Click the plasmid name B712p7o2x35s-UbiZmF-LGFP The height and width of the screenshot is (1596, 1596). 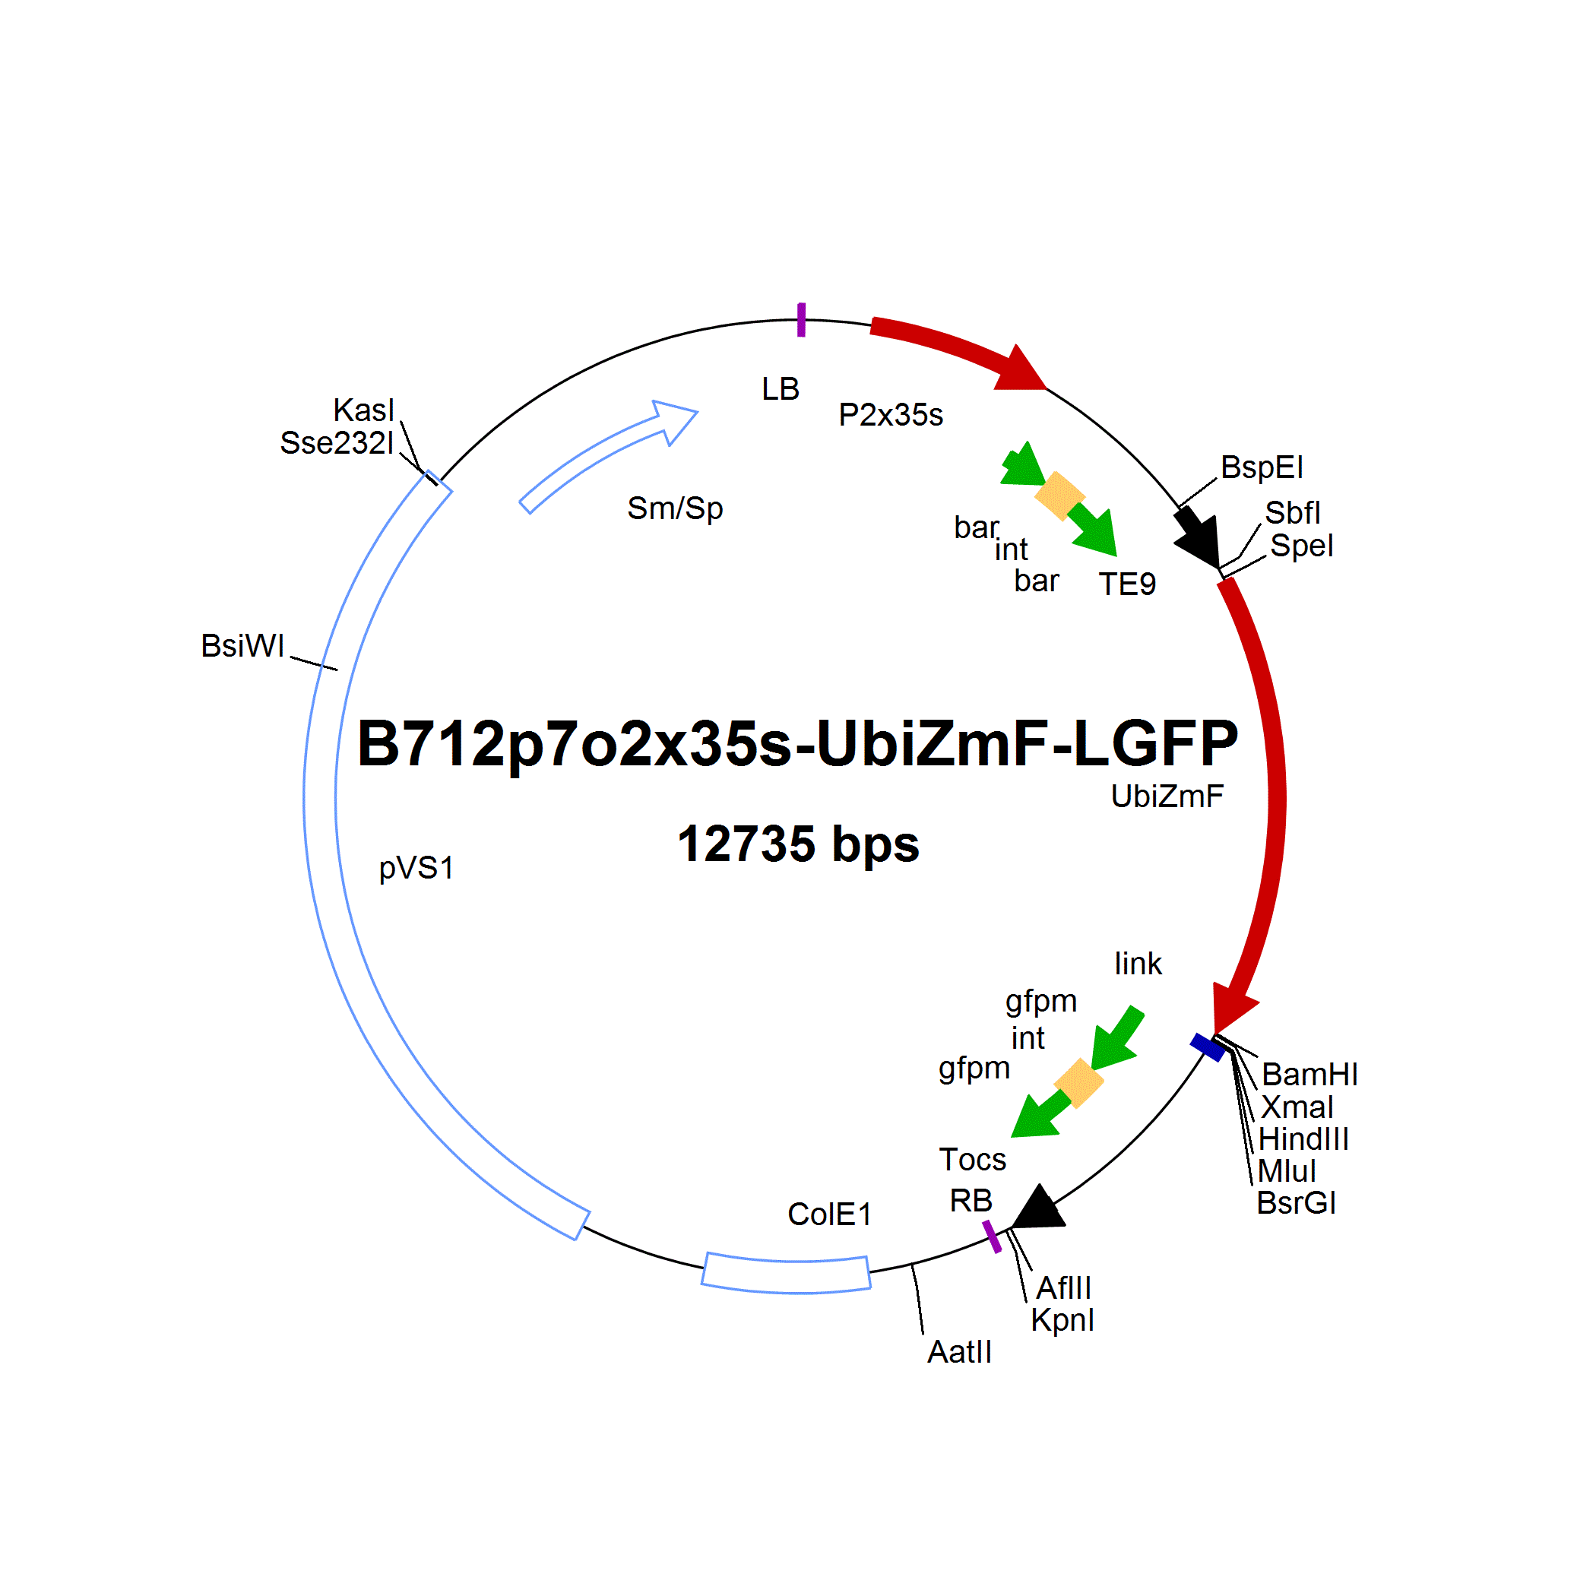coord(797,743)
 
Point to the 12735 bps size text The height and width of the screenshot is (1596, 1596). coord(798,844)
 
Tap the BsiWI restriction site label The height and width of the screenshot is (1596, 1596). coord(243,645)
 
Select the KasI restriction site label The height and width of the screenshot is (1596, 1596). coord(363,410)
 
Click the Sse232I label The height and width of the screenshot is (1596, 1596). coord(337,443)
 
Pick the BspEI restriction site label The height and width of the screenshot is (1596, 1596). coord(1262,467)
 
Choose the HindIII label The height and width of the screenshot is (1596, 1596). coord(1303,1139)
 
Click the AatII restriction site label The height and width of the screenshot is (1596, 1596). coord(959,1351)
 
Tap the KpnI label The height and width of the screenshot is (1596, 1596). coord(1062,1320)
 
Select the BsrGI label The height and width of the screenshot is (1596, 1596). coord(1296,1203)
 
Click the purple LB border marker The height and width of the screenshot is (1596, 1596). coord(801,320)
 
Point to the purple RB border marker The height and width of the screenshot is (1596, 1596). coord(992,1237)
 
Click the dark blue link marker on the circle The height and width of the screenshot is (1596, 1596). coord(1208,1047)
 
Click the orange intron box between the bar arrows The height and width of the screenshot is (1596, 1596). coord(1060,496)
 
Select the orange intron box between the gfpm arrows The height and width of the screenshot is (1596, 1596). coord(1079,1083)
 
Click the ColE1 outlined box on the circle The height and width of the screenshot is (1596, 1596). coord(787,1273)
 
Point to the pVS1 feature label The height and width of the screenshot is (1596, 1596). coord(416,868)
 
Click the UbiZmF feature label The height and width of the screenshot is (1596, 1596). coord(1167,796)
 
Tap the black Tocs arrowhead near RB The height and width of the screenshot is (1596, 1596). coord(1038,1208)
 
